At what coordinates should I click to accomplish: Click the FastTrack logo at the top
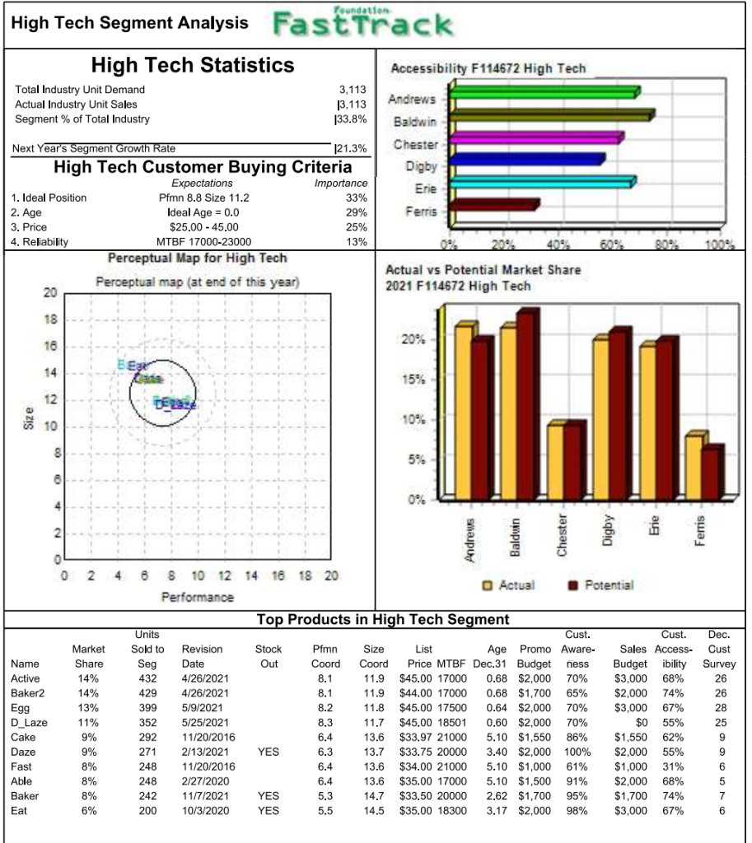point(362,23)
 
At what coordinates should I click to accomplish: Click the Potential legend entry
point(600,585)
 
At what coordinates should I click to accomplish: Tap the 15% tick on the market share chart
point(414,380)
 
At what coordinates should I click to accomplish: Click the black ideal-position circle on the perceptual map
point(163,392)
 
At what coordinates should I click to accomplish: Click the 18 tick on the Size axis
point(50,319)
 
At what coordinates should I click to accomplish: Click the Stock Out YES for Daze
point(269,752)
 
